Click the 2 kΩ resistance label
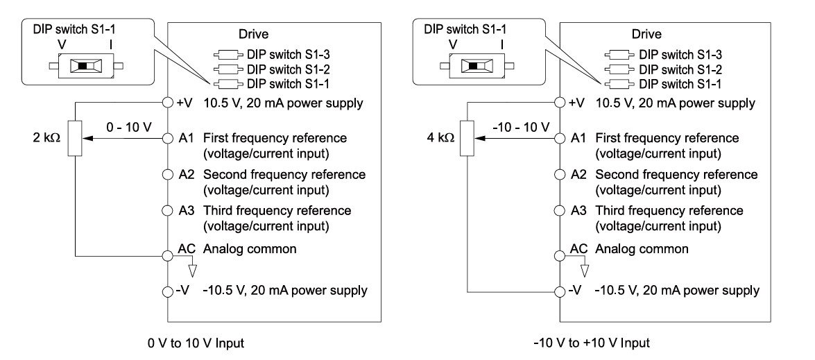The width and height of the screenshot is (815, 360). pyautogui.click(x=44, y=138)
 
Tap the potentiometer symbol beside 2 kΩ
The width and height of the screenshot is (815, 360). pyautogui.click(x=75, y=138)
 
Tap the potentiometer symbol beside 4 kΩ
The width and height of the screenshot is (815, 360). pyautogui.click(x=467, y=138)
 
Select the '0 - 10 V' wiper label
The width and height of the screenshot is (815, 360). pyautogui.click(x=127, y=127)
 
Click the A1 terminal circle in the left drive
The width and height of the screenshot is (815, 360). pyautogui.click(x=167, y=139)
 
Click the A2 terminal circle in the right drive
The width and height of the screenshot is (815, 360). pyautogui.click(x=559, y=175)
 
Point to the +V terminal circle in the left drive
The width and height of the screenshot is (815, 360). pyautogui.click(x=167, y=103)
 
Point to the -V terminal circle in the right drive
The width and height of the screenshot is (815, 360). pyautogui.click(x=559, y=291)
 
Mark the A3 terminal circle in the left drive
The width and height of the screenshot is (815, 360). pyautogui.click(x=167, y=210)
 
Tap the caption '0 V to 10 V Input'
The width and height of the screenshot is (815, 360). pyautogui.click(x=196, y=343)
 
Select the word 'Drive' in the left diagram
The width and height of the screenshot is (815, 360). pyautogui.click(x=254, y=35)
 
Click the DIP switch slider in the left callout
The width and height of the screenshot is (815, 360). pyautogui.click(x=81, y=67)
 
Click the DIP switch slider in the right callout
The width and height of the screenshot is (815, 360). pyautogui.click(x=472, y=66)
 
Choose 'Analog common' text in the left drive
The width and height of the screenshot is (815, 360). pyautogui.click(x=250, y=249)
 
